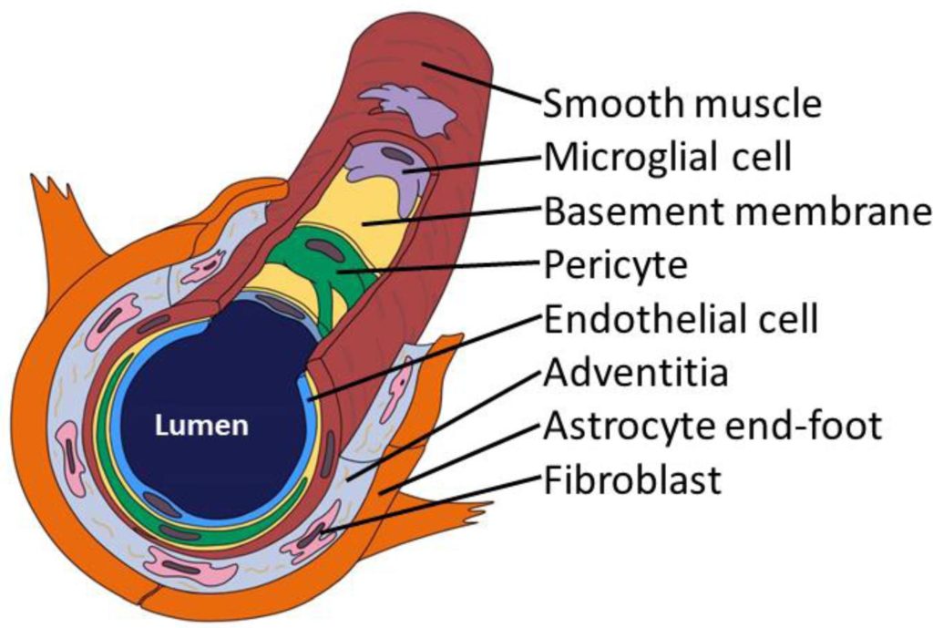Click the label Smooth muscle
click(x=682, y=103)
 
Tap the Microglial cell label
click(x=668, y=158)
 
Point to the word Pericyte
click(x=615, y=266)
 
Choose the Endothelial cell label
click(x=681, y=320)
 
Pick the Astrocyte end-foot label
click(x=713, y=427)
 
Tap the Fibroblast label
click(x=632, y=480)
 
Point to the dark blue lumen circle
click(x=219, y=383)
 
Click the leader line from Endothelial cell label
click(x=428, y=355)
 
